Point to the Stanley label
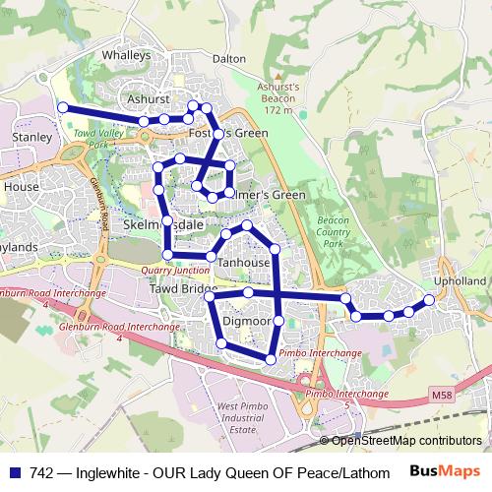31,138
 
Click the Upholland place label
460,281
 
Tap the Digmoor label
246,322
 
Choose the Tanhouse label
243,264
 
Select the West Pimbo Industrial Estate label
242,418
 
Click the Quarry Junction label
175,270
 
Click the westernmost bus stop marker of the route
62,107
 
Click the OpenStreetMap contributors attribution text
405,441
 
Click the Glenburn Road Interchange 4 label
117,331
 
